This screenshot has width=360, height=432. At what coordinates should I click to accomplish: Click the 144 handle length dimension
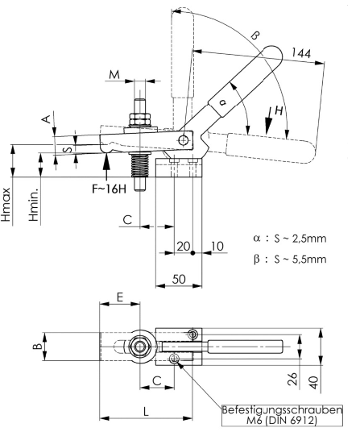point(301,53)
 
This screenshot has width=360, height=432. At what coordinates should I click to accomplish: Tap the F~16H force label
point(110,189)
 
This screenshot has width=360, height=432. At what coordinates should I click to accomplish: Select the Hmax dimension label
point(6,205)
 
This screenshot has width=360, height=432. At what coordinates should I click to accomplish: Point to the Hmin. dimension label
point(34,205)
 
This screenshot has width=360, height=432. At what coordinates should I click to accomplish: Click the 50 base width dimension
point(179,279)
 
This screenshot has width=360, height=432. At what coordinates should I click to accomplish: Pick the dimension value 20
point(184,246)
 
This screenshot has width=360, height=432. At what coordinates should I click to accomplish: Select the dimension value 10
point(217,246)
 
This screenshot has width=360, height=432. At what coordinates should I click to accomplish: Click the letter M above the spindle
point(114,74)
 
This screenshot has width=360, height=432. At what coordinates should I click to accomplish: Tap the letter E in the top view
point(119,297)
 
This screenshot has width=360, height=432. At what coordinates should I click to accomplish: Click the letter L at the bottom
point(146,412)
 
